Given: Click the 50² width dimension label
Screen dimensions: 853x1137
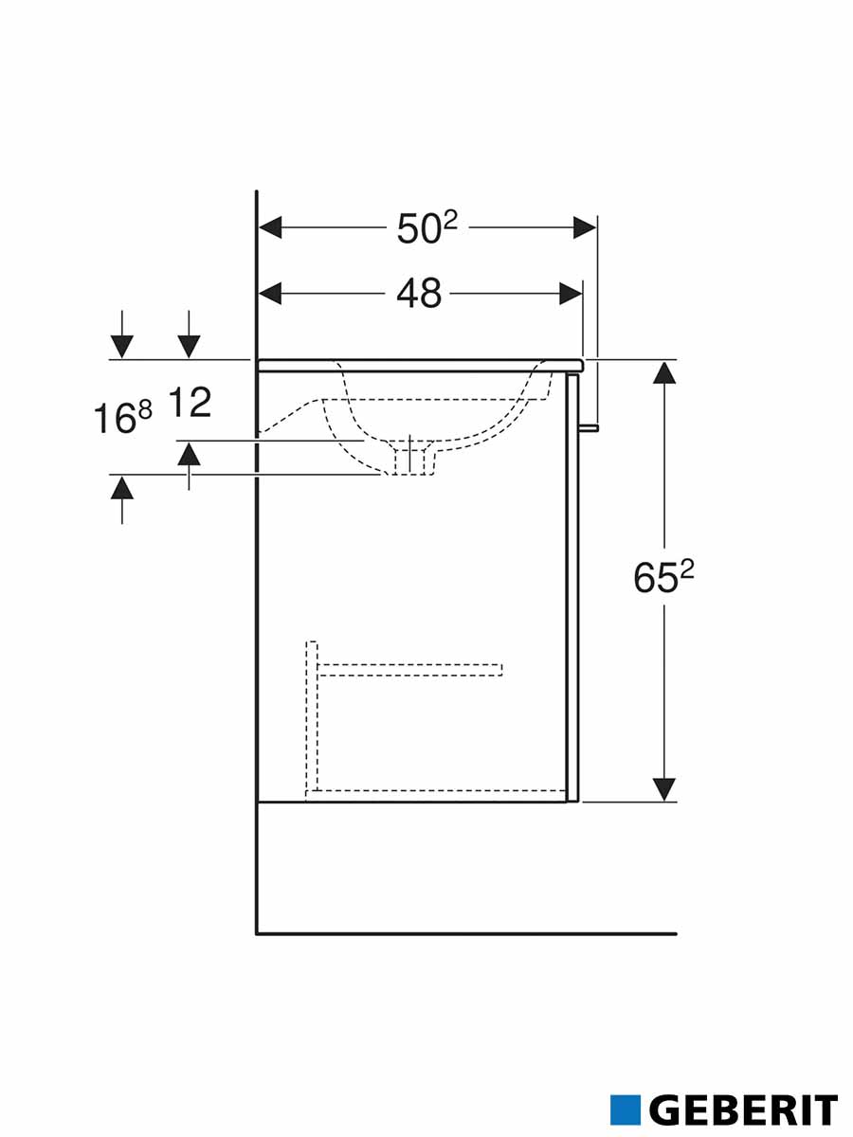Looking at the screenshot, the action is tap(427, 228).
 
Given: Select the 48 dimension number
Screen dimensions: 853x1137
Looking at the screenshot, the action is tap(419, 294).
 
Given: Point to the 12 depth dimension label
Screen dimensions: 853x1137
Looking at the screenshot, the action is tap(191, 403).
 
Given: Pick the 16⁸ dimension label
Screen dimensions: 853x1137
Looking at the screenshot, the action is tap(123, 418).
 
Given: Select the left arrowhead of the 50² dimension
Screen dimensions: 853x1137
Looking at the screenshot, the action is tap(270, 228).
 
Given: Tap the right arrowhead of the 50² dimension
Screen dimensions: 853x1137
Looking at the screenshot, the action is tap(585, 228).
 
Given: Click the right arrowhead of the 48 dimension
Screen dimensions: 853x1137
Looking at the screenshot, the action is tap(572, 294).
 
